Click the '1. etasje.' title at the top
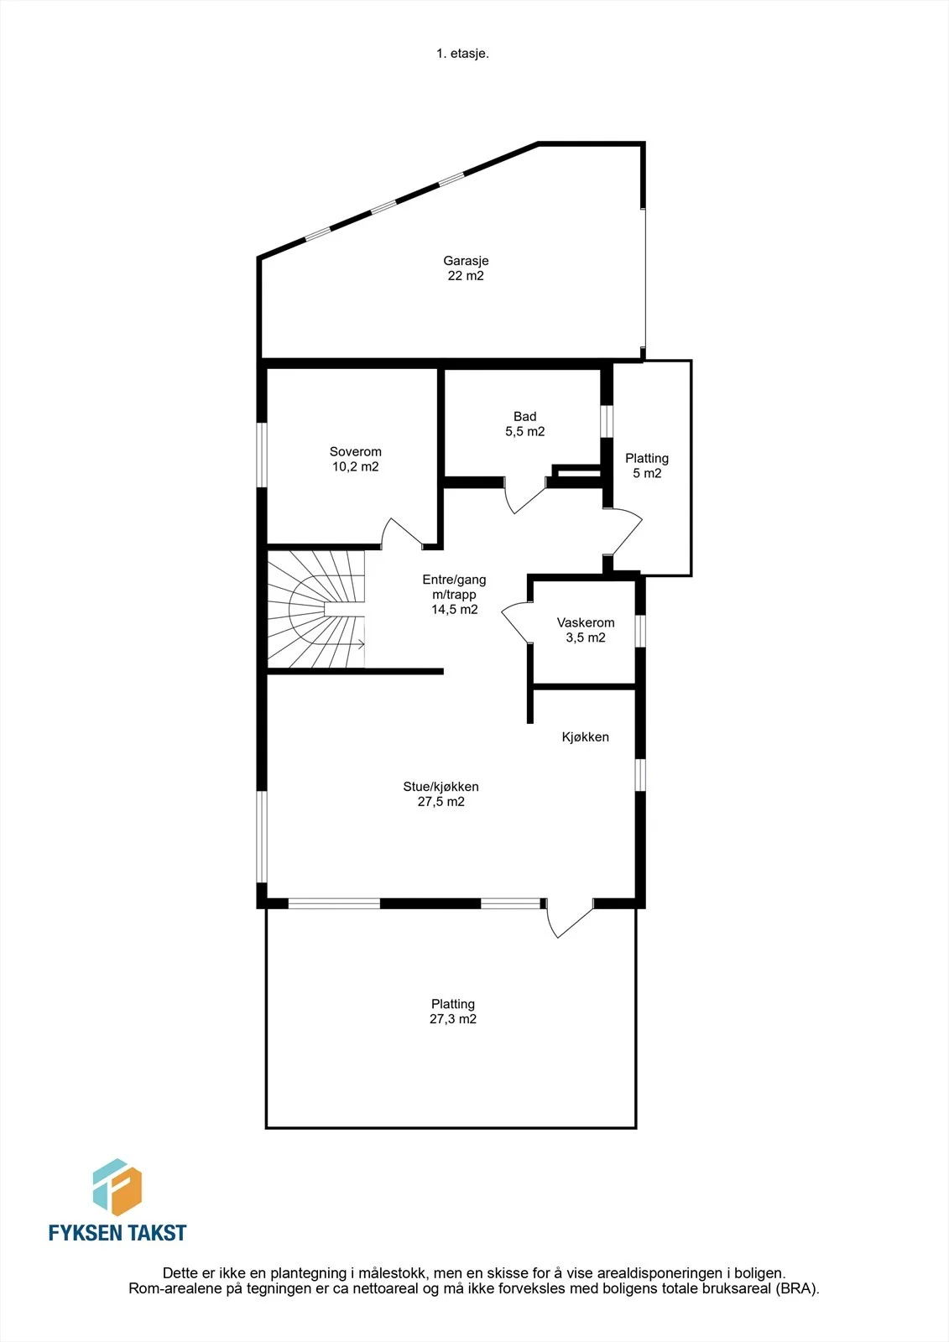462,54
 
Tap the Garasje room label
466,261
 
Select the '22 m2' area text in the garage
466,276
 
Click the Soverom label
356,452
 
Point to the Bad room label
525,416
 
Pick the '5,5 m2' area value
525,431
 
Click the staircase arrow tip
364,645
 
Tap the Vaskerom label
586,622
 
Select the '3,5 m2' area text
586,637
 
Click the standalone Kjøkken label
586,737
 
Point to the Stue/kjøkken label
441,787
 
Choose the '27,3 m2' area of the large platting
453,1018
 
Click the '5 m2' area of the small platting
648,473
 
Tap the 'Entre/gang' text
454,580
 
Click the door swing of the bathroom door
524,498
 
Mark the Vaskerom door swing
515,624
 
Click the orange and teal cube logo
117,1191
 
